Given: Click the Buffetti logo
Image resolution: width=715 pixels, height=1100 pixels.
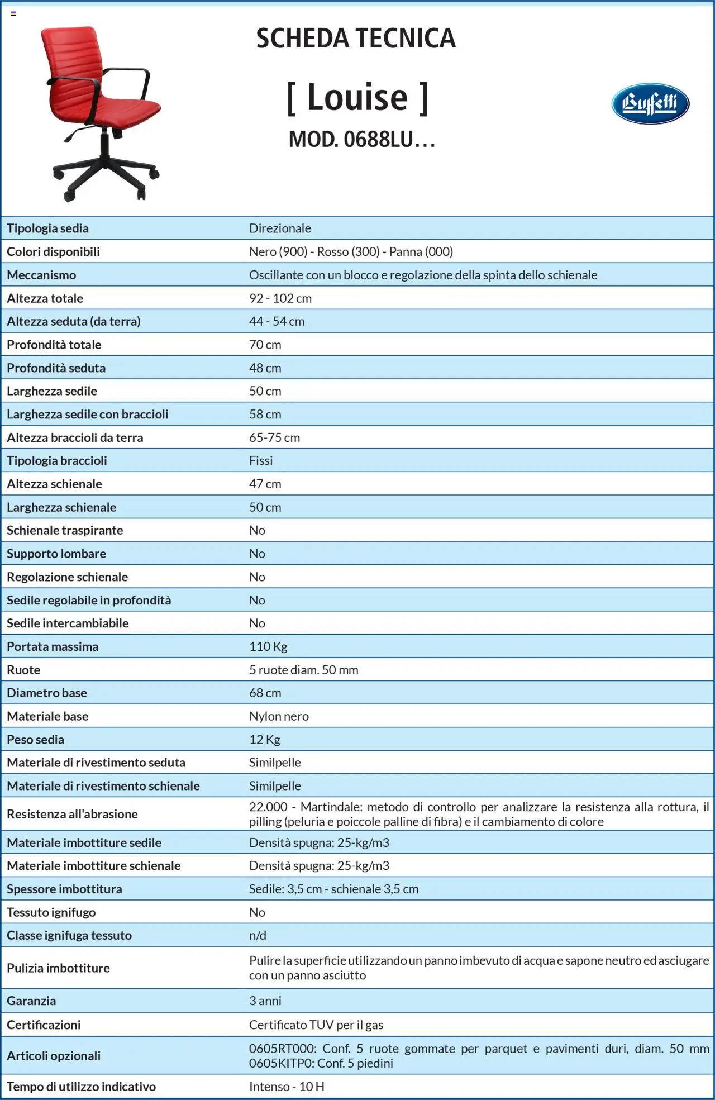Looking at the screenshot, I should point(650,103).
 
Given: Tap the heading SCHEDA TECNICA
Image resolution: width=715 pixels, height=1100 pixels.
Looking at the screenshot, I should point(356,39).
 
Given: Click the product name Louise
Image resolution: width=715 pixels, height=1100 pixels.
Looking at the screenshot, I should point(357,98).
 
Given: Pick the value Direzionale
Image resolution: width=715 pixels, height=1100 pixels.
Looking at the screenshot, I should point(280,228).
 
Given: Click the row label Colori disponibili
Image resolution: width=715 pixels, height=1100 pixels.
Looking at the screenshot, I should point(53,252).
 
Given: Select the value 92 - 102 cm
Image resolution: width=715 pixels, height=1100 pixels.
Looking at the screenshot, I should point(280,298).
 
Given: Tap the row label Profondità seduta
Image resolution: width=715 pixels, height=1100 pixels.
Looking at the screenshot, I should point(56,368).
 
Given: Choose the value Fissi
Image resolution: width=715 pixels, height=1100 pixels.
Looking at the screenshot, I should point(261,461).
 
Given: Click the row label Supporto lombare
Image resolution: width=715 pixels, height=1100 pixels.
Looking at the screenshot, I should point(56,554).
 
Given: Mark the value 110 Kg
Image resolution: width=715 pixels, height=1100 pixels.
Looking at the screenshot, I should point(268,647).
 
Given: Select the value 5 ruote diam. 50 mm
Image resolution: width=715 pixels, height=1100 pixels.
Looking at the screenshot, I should point(303,670).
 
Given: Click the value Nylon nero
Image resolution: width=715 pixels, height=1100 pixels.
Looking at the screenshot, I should point(279,716).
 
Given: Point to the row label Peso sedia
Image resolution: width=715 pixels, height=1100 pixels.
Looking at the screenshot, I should point(35,740).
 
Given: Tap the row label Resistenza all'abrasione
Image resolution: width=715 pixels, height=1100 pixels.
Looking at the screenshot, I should point(72,814).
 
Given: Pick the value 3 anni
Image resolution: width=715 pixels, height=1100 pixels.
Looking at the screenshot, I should point(265,1001).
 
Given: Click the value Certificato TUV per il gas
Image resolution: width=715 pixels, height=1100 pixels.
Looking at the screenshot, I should point(316,1025).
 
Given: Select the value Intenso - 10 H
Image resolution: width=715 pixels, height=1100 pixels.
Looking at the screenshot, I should point(287,1087).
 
